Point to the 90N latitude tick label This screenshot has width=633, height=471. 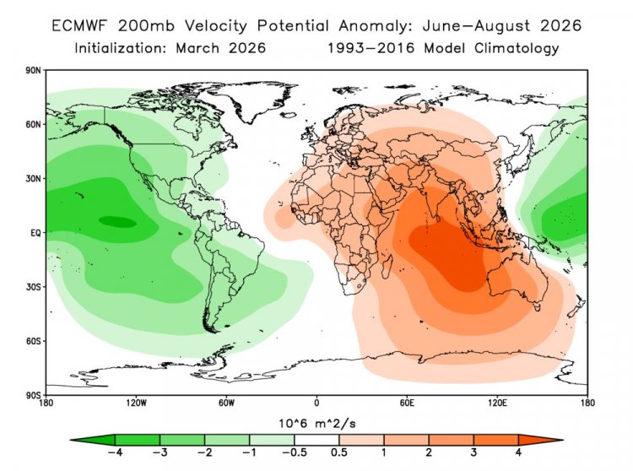tap(34, 71)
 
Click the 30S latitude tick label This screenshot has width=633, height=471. tap(34, 287)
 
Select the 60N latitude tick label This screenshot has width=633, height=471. tap(34, 125)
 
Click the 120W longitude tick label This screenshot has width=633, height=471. tap(136, 403)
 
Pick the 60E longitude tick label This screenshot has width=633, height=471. tap(407, 403)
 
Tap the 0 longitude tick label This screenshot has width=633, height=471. tap(316, 403)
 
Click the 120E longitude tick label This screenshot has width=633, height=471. tap(497, 403)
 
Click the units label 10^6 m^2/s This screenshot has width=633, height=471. tap(316, 420)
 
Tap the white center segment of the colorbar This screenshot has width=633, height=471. tap(316, 439)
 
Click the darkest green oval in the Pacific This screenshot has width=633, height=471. tap(116, 222)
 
